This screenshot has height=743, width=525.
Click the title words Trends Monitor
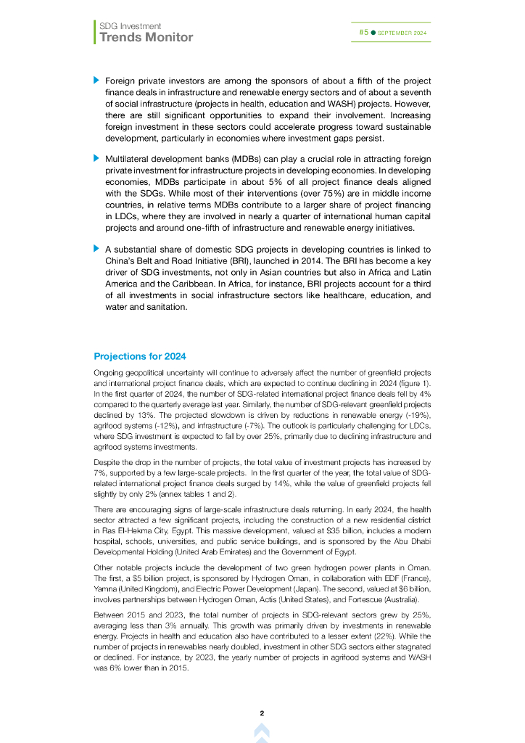(146, 37)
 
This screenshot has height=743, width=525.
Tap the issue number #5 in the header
(363, 33)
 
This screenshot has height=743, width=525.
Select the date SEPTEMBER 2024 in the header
(402, 33)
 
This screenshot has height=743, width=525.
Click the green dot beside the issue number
(373, 33)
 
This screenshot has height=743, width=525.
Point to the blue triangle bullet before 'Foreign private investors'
(96, 79)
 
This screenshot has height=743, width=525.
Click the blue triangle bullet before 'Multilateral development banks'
(96, 157)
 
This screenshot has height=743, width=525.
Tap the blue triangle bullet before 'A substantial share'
(96, 248)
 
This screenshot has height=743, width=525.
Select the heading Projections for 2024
(140, 356)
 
